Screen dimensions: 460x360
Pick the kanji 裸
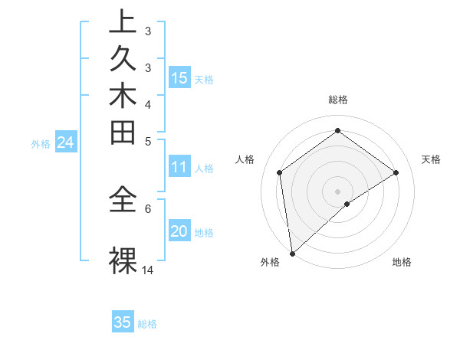(123, 261)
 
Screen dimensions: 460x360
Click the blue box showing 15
(179, 77)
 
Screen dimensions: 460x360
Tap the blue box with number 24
(65, 142)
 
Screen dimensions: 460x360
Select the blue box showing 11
(179, 167)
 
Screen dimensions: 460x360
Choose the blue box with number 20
(179, 231)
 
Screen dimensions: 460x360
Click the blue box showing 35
(123, 322)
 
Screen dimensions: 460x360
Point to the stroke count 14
(148, 270)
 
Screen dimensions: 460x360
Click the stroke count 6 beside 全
(148, 207)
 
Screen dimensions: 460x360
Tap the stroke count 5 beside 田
(148, 141)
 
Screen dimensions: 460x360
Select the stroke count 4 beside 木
(148, 103)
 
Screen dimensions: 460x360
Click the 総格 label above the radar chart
(337, 100)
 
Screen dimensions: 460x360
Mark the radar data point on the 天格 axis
(396, 172)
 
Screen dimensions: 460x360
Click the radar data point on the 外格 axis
(292, 253)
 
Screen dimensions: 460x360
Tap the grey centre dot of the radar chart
(337, 191)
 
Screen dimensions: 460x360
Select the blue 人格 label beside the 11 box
(204, 168)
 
